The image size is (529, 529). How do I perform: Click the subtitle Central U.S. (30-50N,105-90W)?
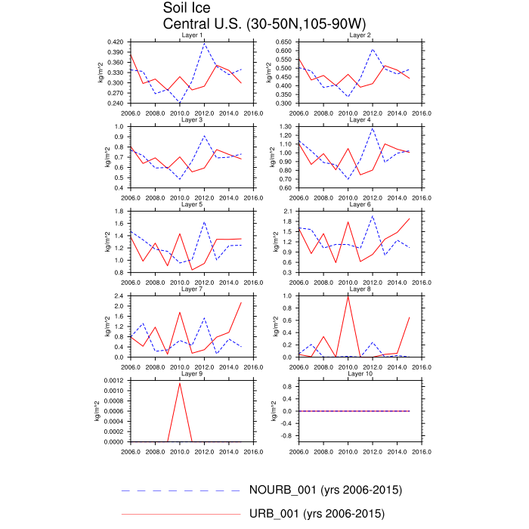click(x=249, y=23)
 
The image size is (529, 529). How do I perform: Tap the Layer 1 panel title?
click(x=193, y=36)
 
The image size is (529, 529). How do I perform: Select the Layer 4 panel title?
click(x=360, y=120)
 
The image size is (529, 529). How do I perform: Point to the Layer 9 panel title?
click(x=193, y=374)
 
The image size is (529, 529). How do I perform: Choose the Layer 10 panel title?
click(x=360, y=374)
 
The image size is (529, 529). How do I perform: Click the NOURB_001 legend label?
click(x=325, y=490)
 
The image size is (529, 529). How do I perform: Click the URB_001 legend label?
click(x=317, y=514)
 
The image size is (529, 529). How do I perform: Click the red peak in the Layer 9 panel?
click(x=180, y=383)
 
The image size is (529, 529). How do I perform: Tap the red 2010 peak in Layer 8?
click(x=348, y=296)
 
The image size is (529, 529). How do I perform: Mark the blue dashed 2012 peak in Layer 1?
click(x=204, y=43)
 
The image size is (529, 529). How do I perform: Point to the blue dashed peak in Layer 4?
click(x=373, y=128)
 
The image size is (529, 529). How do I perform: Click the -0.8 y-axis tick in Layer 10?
click(x=285, y=435)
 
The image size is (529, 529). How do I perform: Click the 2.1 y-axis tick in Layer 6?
click(x=289, y=211)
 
